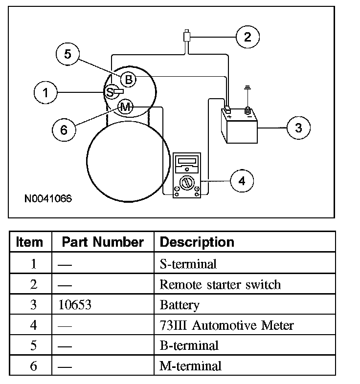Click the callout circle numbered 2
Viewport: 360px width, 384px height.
tap(247, 37)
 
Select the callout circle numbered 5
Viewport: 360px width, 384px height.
tap(68, 54)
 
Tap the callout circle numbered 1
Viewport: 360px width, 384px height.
tap(46, 92)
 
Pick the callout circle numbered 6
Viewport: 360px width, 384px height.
tap(64, 129)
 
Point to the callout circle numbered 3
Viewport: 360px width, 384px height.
tap(298, 128)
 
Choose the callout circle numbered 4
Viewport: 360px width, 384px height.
tap(242, 181)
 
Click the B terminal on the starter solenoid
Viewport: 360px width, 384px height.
tap(128, 79)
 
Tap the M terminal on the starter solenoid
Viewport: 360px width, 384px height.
tap(126, 107)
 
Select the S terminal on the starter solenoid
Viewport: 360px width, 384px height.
tap(111, 91)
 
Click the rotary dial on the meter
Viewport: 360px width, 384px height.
tap(186, 184)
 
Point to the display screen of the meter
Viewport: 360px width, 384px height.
tap(186, 161)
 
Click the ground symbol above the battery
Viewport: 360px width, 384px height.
tap(248, 92)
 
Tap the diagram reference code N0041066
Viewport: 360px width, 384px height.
tap(48, 199)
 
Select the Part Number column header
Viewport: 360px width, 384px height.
tap(103, 242)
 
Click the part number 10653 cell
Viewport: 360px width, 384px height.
tap(74, 305)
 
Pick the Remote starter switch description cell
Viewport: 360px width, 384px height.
tap(220, 284)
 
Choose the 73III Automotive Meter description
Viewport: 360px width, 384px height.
tap(226, 325)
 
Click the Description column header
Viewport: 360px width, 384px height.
tap(197, 242)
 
